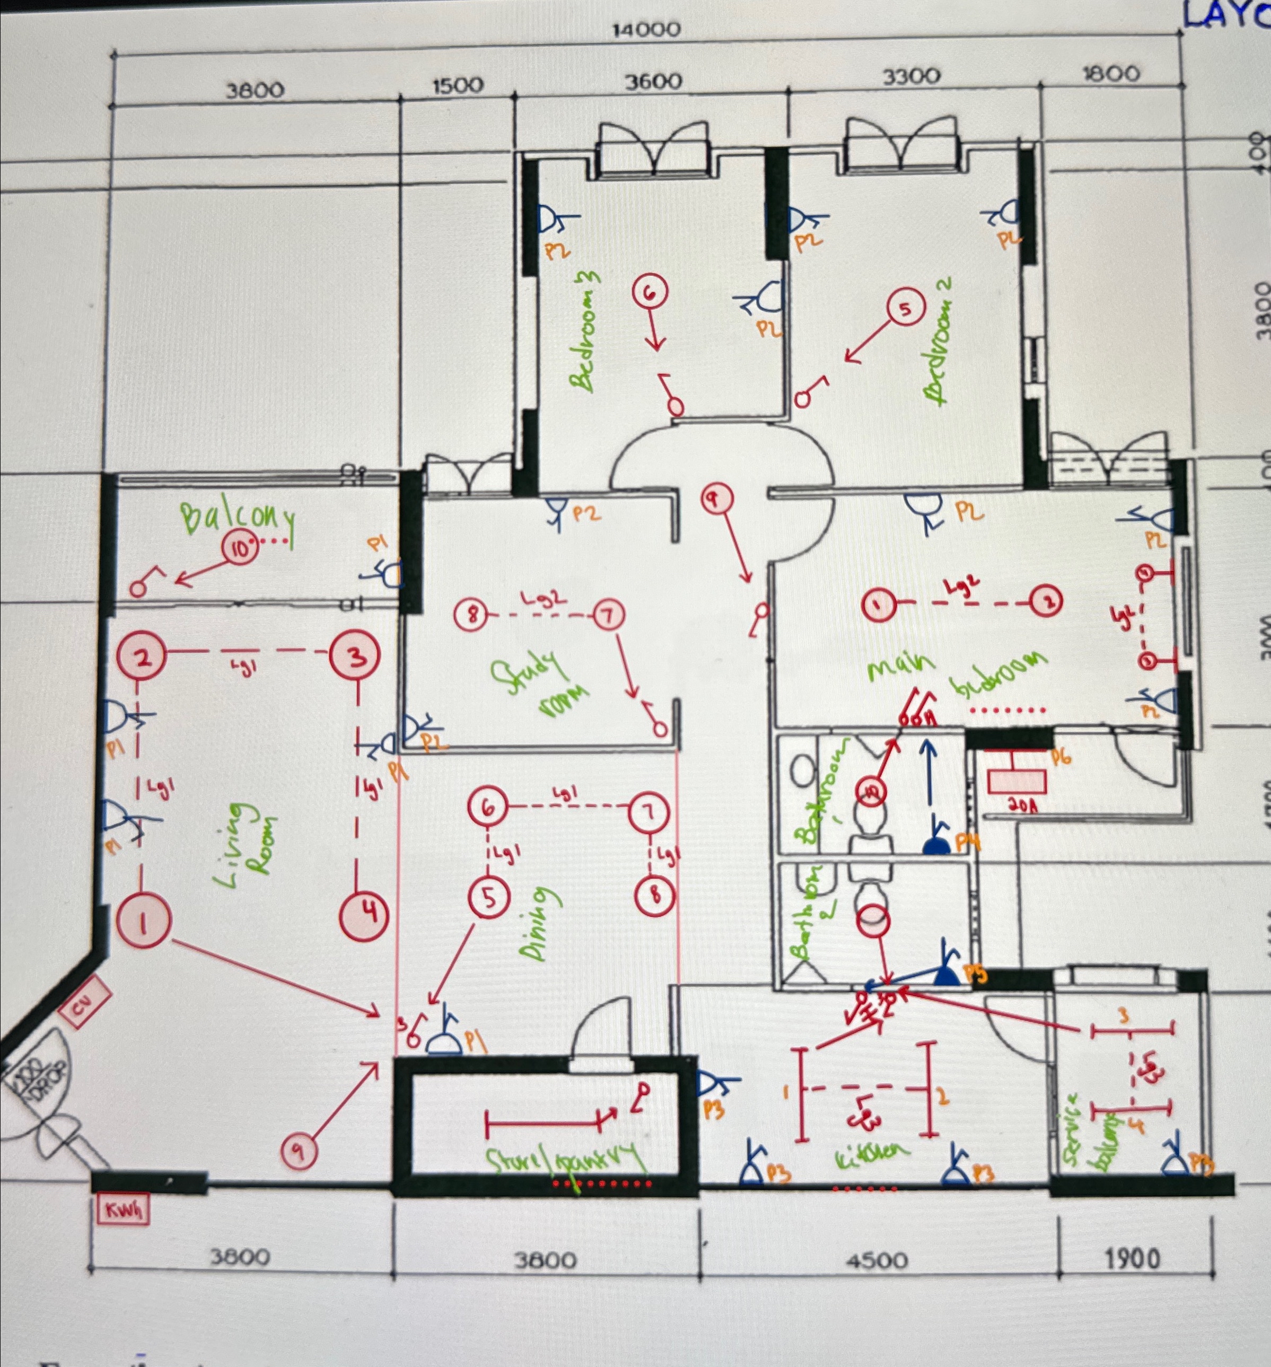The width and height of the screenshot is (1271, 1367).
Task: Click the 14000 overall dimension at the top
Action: point(646,30)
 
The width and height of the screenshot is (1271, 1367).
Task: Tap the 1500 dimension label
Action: point(458,85)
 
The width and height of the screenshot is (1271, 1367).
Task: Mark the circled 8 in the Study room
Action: point(472,615)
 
